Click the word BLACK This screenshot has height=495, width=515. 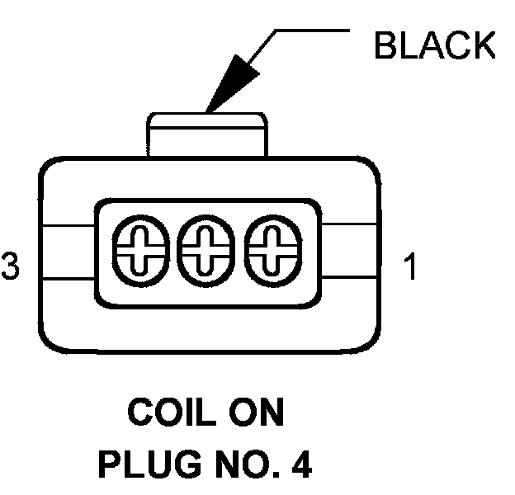coord(434,47)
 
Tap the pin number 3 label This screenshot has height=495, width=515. coord(11,268)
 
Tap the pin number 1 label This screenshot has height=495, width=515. coord(410,268)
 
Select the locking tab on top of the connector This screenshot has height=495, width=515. coord(207,134)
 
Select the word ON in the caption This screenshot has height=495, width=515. coord(257,412)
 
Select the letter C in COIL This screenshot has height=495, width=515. coord(142,412)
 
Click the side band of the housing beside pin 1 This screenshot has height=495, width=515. coord(350,252)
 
